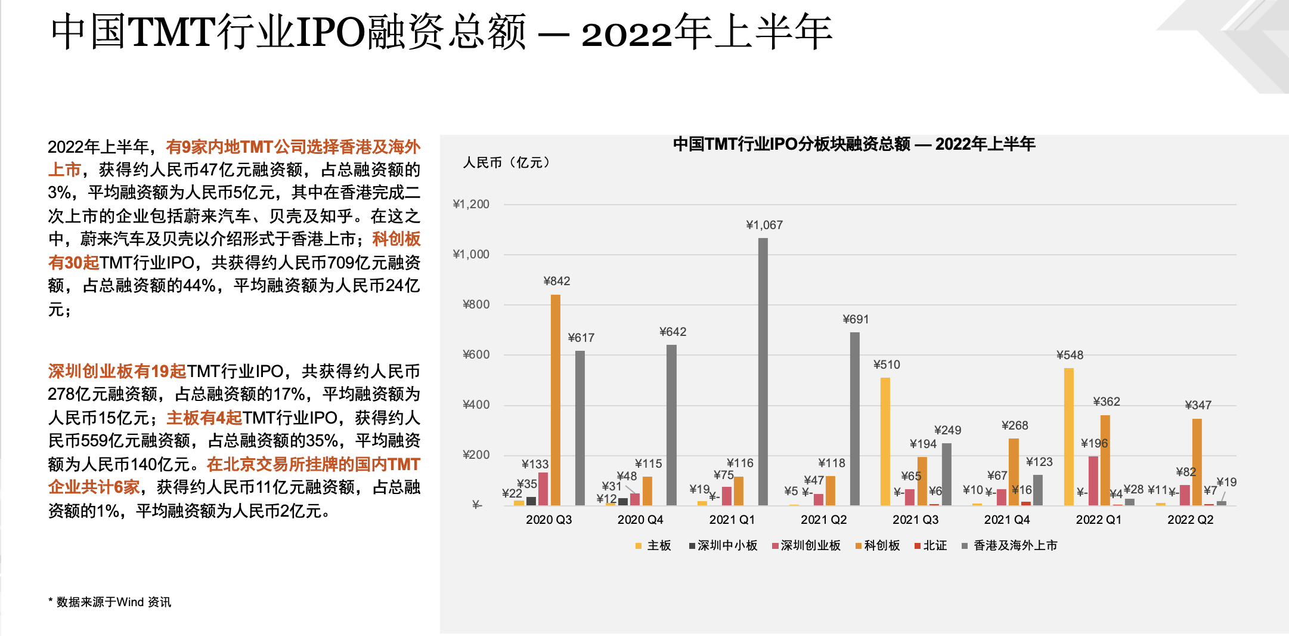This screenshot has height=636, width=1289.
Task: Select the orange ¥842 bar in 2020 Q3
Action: pos(556,400)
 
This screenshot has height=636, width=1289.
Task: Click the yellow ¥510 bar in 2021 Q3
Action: pos(885,442)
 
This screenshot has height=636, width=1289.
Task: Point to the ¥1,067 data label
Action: pos(764,225)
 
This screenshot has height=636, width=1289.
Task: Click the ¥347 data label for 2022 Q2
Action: pos(1198,405)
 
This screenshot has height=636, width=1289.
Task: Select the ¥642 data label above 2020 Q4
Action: pos(673,332)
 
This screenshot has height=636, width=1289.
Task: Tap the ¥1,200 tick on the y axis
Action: pos(471,205)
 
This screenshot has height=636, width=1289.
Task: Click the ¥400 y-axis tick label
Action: pos(476,405)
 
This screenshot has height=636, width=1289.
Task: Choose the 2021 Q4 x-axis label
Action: pos(1007,520)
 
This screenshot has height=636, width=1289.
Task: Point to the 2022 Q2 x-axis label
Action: pos(1190,520)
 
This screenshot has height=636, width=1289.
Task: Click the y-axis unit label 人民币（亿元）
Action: pos(507,163)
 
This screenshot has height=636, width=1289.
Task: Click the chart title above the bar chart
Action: pos(854,144)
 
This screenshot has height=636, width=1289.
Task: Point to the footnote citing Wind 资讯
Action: pos(110,602)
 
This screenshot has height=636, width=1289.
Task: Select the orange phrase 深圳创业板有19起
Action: pos(117,372)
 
